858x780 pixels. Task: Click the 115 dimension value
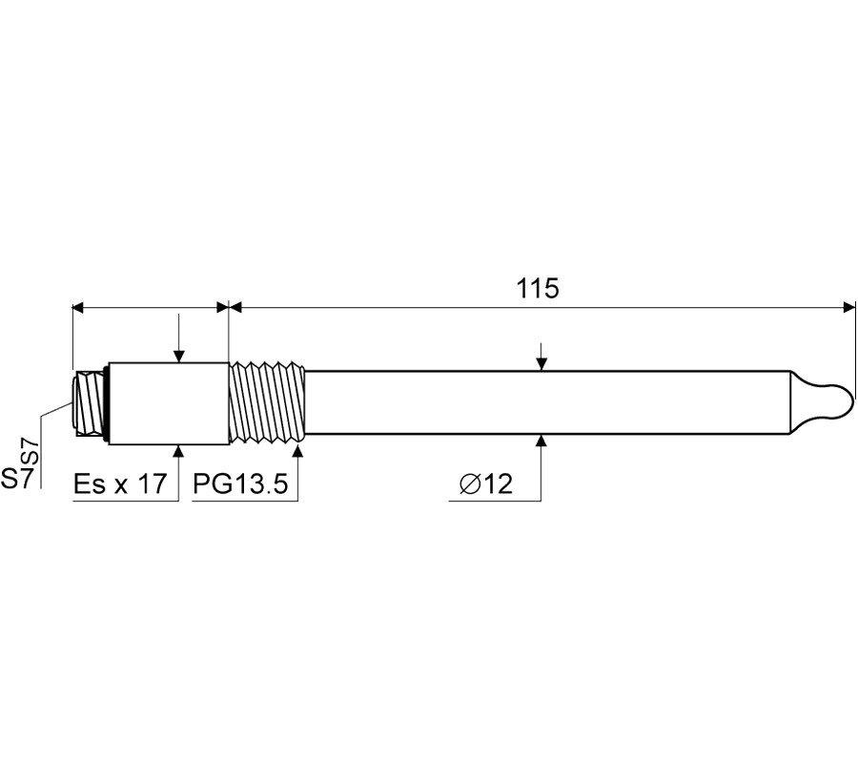[538, 289]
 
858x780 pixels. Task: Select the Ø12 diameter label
[486, 483]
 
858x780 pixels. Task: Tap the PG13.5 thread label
[241, 483]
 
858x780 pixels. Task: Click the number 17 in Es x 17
[151, 483]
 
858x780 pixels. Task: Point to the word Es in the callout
[91, 483]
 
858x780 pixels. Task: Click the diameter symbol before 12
[470, 483]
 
